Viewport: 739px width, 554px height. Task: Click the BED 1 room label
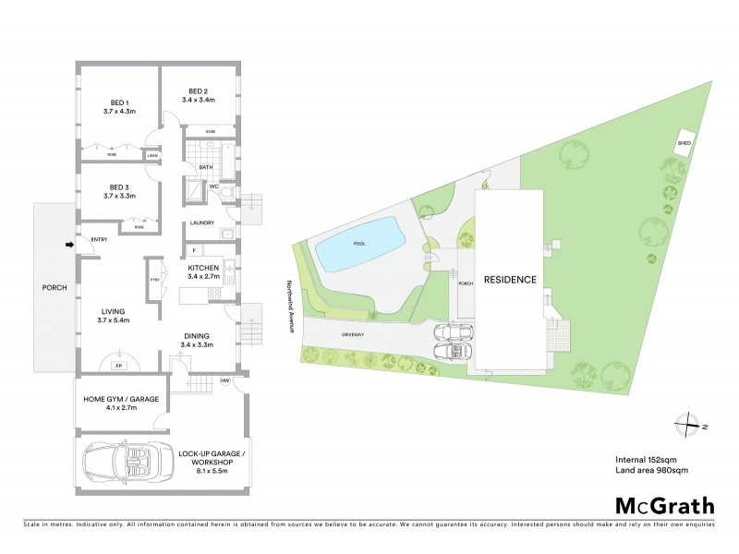(119, 102)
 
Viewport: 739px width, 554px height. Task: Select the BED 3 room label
(119, 186)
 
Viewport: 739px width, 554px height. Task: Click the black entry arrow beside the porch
(70, 245)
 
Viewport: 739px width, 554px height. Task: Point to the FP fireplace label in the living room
(118, 366)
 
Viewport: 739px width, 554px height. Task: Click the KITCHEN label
(201, 266)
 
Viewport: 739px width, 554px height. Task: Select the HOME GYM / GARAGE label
(121, 399)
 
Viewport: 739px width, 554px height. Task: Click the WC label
(212, 187)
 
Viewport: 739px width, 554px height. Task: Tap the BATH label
(206, 167)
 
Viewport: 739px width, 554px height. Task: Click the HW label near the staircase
(224, 380)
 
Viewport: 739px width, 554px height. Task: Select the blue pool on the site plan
(358, 245)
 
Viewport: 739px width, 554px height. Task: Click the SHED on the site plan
(684, 144)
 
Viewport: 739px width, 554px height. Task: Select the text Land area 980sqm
(651, 470)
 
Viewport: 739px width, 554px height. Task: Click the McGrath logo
(664, 505)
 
